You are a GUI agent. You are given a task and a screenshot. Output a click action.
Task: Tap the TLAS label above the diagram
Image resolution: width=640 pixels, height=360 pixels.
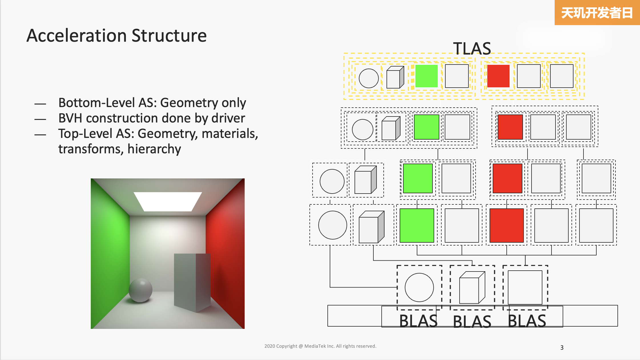click(472, 48)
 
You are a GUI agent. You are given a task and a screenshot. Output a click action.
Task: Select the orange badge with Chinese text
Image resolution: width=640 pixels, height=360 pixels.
click(597, 13)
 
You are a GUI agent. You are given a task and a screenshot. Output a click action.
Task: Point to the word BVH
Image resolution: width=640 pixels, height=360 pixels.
click(70, 118)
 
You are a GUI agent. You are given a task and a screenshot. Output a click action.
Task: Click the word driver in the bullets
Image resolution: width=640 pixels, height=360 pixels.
click(228, 118)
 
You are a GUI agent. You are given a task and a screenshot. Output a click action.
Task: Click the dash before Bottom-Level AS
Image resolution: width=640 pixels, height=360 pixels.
click(40, 104)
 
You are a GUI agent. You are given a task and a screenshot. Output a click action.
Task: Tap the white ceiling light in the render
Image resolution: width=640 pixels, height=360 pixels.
click(168, 202)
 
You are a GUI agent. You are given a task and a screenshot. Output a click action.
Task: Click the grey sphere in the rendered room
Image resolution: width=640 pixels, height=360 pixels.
click(140, 290)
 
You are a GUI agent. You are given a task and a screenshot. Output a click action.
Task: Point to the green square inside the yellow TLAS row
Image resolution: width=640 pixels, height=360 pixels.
click(426, 76)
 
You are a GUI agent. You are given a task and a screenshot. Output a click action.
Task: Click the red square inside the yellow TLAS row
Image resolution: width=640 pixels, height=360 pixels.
click(498, 76)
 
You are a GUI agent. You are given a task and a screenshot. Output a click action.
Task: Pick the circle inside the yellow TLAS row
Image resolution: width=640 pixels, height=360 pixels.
click(369, 78)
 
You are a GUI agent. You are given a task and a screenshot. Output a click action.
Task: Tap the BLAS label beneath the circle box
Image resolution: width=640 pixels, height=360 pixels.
click(418, 321)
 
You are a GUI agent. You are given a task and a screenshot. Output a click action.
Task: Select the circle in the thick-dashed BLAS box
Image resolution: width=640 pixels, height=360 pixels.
click(419, 287)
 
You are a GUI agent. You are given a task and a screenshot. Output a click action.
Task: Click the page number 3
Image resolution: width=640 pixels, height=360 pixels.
click(562, 347)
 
